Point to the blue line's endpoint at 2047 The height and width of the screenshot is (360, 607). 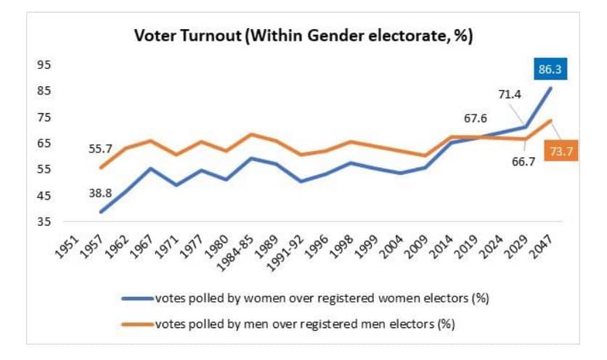point(551,88)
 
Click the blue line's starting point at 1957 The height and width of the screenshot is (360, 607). point(100,212)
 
